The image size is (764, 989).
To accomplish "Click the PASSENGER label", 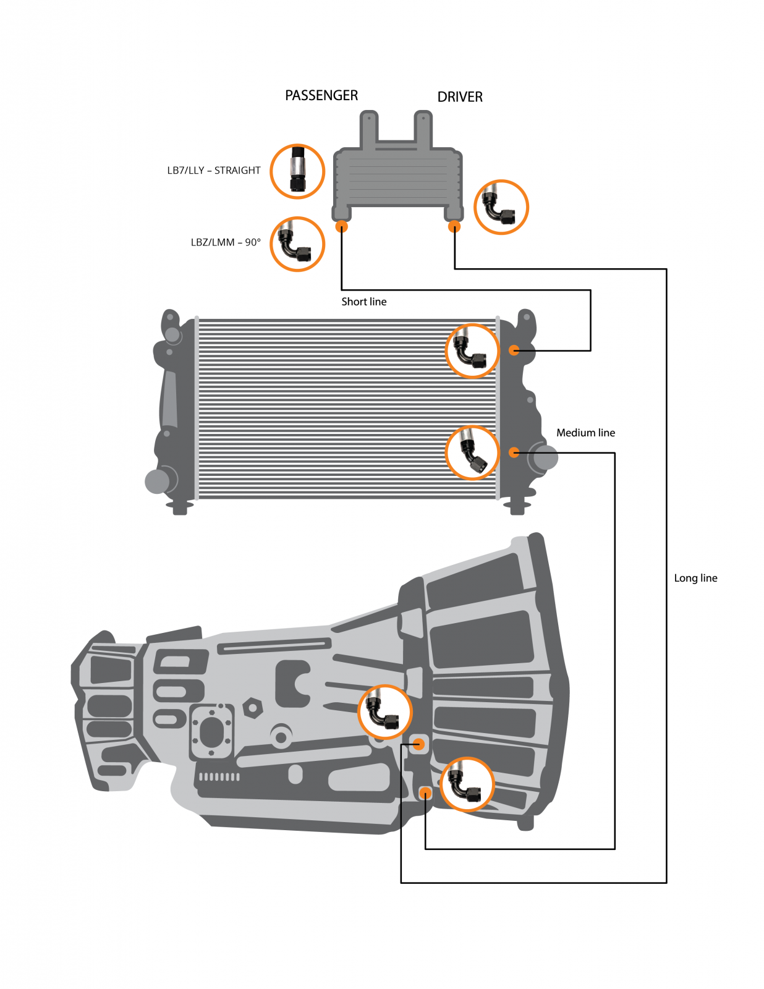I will click(x=321, y=96).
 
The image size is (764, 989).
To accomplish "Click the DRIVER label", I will click(x=459, y=97).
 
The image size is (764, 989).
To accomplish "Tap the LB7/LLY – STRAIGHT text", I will click(x=214, y=171).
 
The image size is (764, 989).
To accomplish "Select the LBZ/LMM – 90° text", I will click(x=226, y=242).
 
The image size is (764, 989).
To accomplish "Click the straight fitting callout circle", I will click(x=297, y=171).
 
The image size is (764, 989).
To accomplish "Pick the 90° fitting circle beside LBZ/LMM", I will click(x=297, y=244).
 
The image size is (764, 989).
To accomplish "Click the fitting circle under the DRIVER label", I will click(x=501, y=207).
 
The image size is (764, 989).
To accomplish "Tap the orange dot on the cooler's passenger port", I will click(x=341, y=227).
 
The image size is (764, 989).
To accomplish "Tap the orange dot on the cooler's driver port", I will click(x=454, y=227).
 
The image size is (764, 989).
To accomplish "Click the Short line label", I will click(x=363, y=302).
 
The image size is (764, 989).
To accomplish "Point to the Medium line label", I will click(x=585, y=433).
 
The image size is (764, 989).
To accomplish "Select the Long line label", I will click(x=695, y=578).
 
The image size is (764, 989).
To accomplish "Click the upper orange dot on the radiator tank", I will click(x=514, y=350).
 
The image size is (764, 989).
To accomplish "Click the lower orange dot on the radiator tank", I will click(x=514, y=452).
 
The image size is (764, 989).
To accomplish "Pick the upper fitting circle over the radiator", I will click(x=472, y=350).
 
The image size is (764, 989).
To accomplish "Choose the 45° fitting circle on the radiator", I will click(x=472, y=452).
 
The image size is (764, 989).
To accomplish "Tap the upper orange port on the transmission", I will click(x=418, y=744).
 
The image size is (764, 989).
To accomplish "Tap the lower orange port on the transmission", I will click(x=425, y=793).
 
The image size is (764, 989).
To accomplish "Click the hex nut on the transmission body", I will click(x=252, y=708).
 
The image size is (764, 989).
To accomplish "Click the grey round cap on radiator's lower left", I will click(x=157, y=481).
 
